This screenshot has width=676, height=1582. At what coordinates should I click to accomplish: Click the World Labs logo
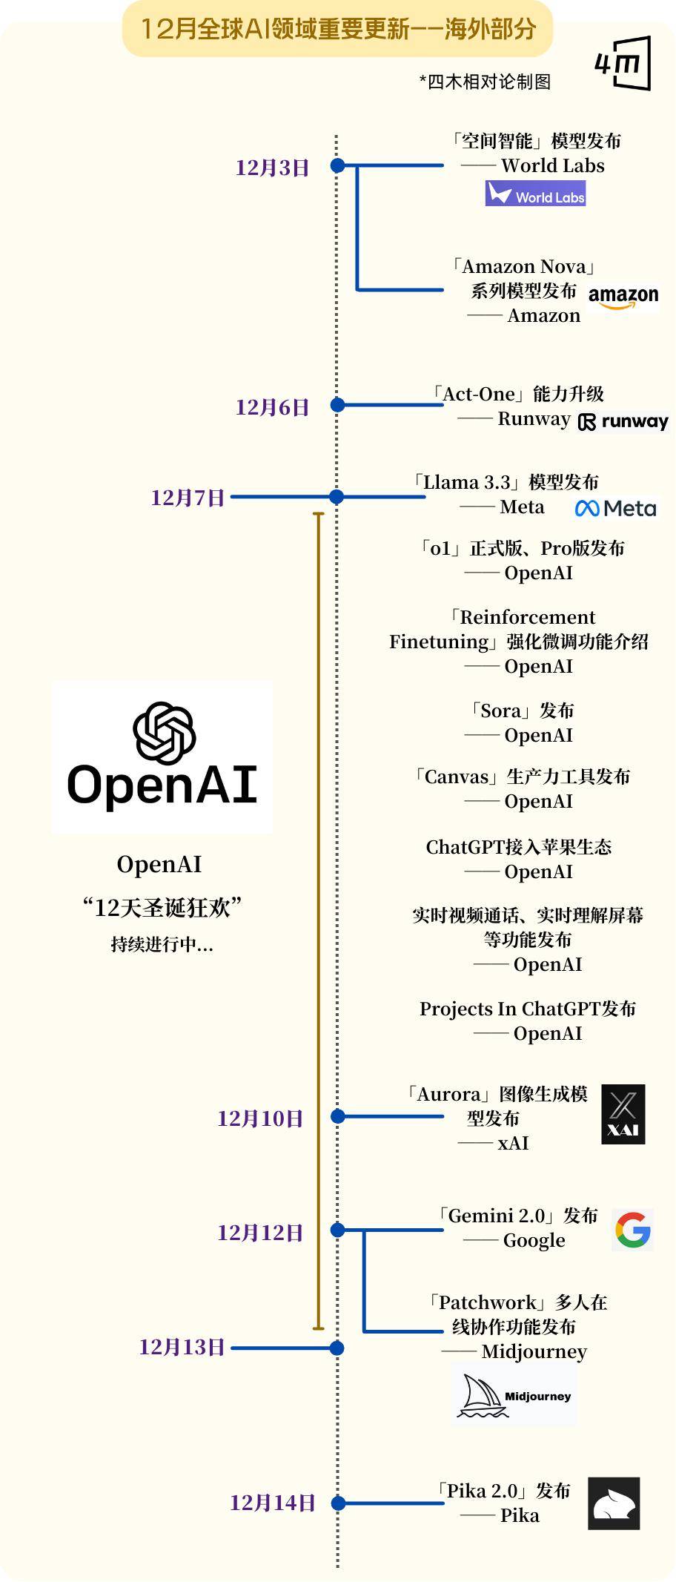[x=535, y=194]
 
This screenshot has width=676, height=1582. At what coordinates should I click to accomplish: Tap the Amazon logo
[x=623, y=297]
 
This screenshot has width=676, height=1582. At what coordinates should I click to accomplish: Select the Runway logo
[x=623, y=422]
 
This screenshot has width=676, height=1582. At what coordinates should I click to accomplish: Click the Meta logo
[x=616, y=508]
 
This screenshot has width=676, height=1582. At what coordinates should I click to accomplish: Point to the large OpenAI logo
[x=162, y=757]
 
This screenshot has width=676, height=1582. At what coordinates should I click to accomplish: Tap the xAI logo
[x=623, y=1114]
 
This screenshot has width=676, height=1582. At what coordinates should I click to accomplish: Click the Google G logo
[x=633, y=1230]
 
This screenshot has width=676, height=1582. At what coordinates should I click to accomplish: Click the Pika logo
[x=614, y=1503]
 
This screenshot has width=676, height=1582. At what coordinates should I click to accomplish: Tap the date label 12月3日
[x=272, y=168]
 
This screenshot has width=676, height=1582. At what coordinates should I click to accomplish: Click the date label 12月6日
[x=272, y=407]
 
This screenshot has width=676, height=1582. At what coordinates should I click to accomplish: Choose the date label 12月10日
[x=260, y=1118]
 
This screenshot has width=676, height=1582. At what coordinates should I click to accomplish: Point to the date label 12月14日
[x=273, y=1503]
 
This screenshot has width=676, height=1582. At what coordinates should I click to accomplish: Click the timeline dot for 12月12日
[x=337, y=1230]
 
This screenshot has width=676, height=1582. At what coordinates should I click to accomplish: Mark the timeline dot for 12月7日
[x=337, y=497]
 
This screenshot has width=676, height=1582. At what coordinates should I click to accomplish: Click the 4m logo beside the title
[x=623, y=63]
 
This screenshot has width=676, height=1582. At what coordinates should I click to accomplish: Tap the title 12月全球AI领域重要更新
[x=275, y=29]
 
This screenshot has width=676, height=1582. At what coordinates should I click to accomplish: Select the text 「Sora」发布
[x=522, y=711]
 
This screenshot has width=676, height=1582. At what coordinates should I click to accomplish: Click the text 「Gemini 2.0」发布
[x=517, y=1216]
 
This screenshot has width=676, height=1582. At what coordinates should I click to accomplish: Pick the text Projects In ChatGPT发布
[x=528, y=1009]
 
